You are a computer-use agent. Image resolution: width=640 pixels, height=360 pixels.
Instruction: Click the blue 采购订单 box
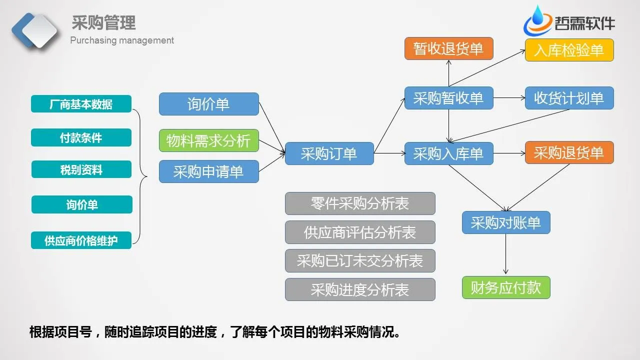click(329, 153)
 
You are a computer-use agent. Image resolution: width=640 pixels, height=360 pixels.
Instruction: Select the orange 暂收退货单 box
click(448, 48)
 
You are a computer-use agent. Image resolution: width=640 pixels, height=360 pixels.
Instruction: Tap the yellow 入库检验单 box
click(569, 50)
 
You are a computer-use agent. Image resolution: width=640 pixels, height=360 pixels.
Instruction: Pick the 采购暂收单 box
click(448, 98)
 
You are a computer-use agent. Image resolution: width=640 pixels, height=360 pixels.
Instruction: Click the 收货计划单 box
click(569, 98)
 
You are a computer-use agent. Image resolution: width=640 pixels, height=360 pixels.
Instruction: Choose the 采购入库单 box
click(448, 153)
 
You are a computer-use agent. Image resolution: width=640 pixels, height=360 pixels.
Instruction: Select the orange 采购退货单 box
click(569, 152)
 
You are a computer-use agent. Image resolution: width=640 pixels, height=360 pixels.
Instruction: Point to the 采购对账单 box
click(505, 222)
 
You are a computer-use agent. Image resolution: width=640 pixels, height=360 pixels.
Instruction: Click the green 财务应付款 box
click(505, 287)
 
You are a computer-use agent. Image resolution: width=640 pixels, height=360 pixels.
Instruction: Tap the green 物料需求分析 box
click(208, 140)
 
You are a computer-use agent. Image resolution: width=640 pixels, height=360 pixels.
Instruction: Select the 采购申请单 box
click(208, 171)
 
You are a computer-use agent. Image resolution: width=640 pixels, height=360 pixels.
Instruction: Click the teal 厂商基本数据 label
click(81, 104)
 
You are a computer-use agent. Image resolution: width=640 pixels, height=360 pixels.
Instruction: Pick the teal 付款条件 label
click(81, 137)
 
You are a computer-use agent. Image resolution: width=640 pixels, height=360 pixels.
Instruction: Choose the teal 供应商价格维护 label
click(81, 240)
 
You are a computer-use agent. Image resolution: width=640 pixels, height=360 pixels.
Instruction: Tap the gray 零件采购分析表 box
click(360, 203)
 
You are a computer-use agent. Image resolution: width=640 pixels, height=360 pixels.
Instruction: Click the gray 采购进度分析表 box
click(360, 289)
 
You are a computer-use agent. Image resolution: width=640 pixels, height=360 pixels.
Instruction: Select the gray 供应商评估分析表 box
click(360, 232)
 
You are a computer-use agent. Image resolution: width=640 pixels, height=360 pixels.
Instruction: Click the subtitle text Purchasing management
click(122, 40)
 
